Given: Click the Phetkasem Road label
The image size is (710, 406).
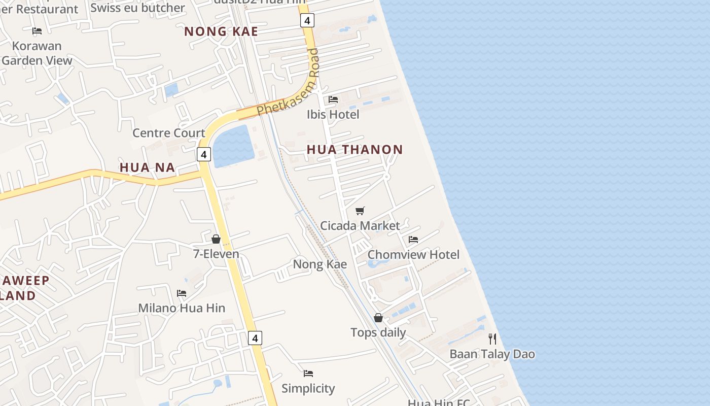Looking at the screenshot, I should [x=288, y=82].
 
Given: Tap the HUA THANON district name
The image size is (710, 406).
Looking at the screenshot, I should [x=354, y=150].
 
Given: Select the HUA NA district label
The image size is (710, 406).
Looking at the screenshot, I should [x=147, y=167].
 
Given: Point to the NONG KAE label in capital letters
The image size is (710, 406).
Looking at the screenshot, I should [x=221, y=31].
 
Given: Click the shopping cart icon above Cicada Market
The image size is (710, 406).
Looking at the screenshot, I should [x=360, y=211].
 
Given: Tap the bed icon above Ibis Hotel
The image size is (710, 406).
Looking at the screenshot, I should [x=333, y=99].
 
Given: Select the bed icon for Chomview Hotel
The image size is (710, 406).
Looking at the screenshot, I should [x=413, y=240].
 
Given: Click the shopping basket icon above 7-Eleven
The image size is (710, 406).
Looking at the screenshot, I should [x=216, y=239].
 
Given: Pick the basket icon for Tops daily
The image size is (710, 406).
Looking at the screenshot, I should [x=378, y=318].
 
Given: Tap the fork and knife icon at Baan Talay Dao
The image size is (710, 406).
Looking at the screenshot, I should [x=492, y=339].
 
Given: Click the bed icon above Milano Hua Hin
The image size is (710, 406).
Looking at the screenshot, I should [x=182, y=293].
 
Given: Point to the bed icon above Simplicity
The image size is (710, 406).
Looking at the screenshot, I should [x=308, y=374].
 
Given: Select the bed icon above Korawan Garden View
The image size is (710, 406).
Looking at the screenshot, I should [x=37, y=31].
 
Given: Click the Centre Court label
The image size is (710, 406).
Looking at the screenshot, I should [x=168, y=133].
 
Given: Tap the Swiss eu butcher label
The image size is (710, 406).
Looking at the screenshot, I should [x=137, y=8].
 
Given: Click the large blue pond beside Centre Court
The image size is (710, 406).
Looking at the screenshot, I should [x=234, y=147].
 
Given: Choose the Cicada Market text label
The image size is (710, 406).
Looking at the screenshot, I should [x=360, y=226].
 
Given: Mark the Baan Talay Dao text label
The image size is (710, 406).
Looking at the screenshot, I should [x=492, y=354].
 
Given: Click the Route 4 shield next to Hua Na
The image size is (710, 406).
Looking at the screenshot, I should [x=204, y=154].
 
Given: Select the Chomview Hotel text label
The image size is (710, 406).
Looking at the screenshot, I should [x=413, y=255].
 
